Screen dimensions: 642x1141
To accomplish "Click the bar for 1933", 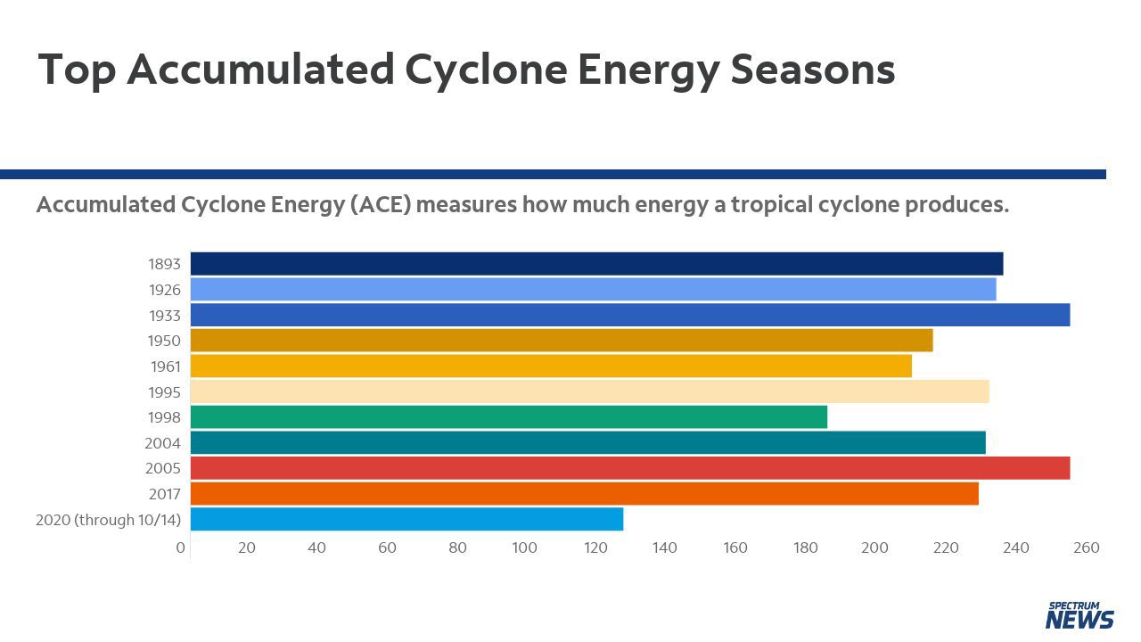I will click(629, 315).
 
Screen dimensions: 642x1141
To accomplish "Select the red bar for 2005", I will click(629, 468).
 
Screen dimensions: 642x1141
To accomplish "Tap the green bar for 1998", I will click(508, 417).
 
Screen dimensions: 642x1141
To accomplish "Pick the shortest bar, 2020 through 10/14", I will click(406, 519).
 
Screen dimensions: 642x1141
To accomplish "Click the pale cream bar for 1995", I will click(589, 391).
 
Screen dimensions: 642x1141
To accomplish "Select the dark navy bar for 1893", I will click(596, 264).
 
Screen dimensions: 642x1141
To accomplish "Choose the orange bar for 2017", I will click(584, 494).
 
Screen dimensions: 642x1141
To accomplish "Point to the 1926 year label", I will click(164, 290).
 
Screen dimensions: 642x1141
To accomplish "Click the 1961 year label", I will click(165, 366).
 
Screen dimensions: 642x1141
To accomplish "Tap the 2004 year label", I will click(162, 443).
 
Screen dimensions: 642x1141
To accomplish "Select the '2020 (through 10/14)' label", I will click(108, 520).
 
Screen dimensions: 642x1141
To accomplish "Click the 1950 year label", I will click(164, 341).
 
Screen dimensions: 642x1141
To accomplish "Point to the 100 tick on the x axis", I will click(524, 547).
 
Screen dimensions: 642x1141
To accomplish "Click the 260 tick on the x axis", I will click(1087, 547).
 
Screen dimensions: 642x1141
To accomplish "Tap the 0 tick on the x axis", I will click(181, 547).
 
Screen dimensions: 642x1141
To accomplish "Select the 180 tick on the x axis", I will click(805, 547).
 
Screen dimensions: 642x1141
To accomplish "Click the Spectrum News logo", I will click(1079, 615).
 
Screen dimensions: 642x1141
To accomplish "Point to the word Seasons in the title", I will click(812, 70).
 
